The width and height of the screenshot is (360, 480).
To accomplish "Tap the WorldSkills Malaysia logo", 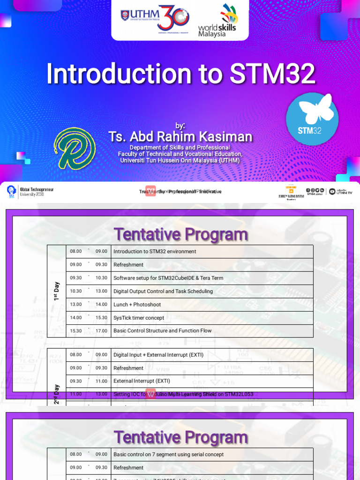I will coord(217,21).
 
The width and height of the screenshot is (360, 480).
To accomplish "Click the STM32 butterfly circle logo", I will coord(312,119).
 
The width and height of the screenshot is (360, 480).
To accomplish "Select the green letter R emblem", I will coord(75,149).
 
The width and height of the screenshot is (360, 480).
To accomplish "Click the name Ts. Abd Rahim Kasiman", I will coord(180,136).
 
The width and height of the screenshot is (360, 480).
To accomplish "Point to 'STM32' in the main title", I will coord(272,74).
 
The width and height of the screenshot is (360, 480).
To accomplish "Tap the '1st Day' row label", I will coord(57,291).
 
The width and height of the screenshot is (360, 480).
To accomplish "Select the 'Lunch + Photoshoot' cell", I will coord(137,304).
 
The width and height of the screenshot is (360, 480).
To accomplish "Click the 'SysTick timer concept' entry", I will coord(139,318).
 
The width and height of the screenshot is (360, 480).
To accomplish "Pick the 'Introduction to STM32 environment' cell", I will coord(155,252).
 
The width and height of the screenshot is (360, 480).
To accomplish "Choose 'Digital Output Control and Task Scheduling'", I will coord(163,291).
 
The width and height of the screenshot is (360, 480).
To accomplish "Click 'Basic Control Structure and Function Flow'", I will coord(162,331).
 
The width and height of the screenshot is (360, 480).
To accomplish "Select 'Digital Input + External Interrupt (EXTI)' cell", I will coord(158,355).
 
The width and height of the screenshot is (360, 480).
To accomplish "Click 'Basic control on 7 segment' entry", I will coord(168,454).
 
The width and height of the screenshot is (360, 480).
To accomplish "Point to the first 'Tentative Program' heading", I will coord(180,234).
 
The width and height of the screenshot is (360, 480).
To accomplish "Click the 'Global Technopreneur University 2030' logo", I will coord(30,192).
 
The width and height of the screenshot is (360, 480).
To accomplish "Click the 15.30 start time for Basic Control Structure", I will coord(76,331).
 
